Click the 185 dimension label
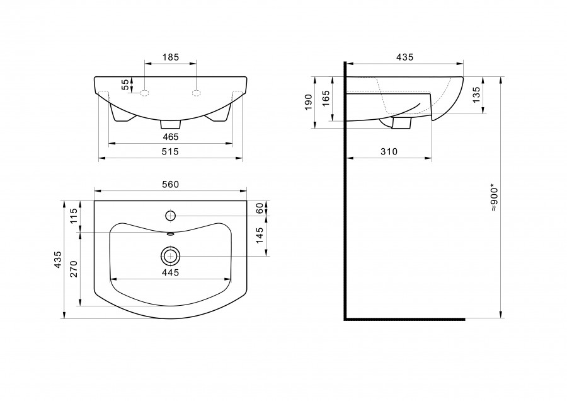(171, 57)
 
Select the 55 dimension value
(124, 85)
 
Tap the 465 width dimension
(171, 137)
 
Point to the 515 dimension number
(170, 151)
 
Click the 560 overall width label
(170, 185)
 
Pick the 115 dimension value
(74, 216)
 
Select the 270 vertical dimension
(74, 269)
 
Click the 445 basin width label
(170, 272)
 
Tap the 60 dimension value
(259, 208)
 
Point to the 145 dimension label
(259, 236)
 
